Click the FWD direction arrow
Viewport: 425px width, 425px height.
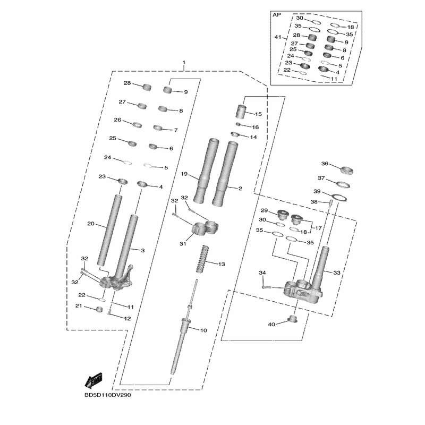pos(93,380)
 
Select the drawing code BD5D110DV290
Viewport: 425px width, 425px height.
pos(108,395)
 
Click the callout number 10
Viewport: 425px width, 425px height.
pos(203,330)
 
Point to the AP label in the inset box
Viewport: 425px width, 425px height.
pos(276,15)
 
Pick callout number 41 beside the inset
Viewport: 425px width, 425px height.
pos(278,37)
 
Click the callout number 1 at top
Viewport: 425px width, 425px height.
pos(184,62)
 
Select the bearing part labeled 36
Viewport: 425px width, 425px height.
pos(347,171)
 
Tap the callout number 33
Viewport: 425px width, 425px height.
pos(336,273)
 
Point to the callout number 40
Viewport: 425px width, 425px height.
pos(271,324)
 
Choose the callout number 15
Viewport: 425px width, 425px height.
pos(259,114)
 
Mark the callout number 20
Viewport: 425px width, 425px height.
pos(90,224)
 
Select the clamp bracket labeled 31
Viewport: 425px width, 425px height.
pos(205,228)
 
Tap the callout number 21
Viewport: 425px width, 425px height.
pos(79,306)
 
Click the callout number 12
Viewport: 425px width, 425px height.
pos(127,318)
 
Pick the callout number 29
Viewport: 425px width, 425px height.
pos(264,210)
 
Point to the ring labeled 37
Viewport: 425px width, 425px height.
pos(343,185)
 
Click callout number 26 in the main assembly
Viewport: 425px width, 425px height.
pos(117,120)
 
